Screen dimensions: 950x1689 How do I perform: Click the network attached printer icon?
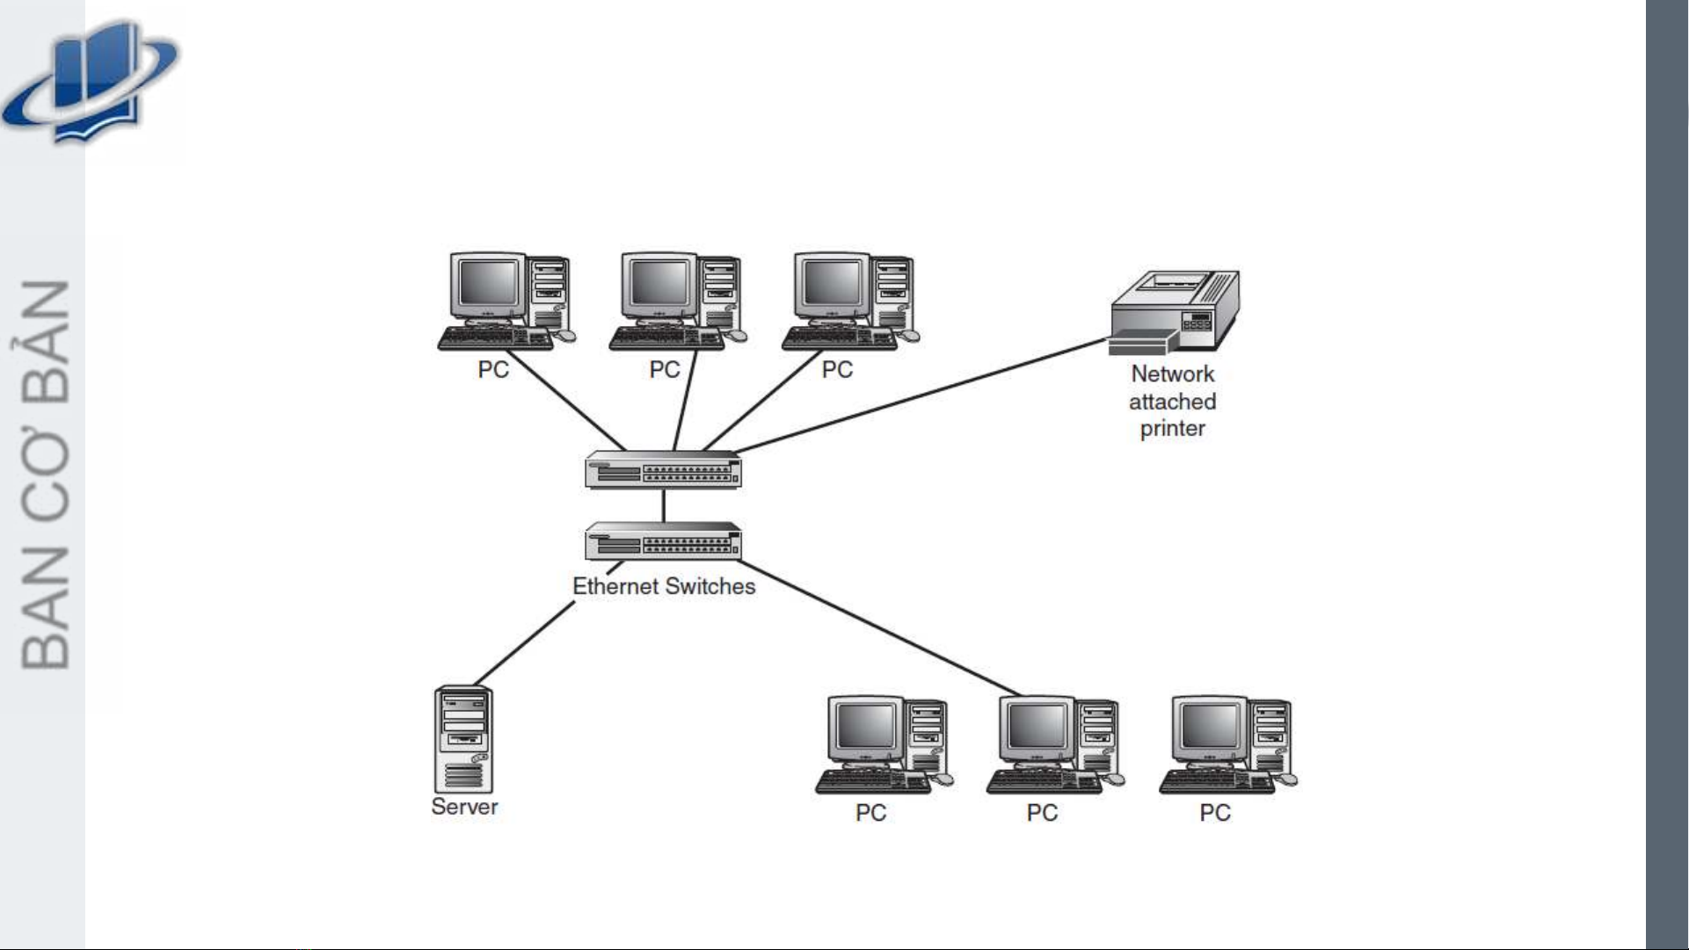coord(1175,312)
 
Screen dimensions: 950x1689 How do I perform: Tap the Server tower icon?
coord(463,740)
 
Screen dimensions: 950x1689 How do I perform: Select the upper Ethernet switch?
coord(663,469)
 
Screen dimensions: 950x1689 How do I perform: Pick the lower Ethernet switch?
coord(663,541)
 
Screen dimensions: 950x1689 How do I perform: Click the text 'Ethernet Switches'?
coord(664,587)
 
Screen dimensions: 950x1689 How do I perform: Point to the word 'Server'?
coord(464,807)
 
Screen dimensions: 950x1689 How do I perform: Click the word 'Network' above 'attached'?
coord(1172,374)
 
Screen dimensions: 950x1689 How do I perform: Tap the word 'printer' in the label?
coord(1172,429)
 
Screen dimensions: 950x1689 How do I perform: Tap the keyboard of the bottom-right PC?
coord(1216,782)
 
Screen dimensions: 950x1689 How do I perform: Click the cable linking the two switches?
coord(664,505)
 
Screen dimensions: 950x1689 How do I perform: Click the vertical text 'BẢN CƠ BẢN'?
coord(46,475)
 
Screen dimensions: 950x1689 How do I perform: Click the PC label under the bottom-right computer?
coord(1215,813)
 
